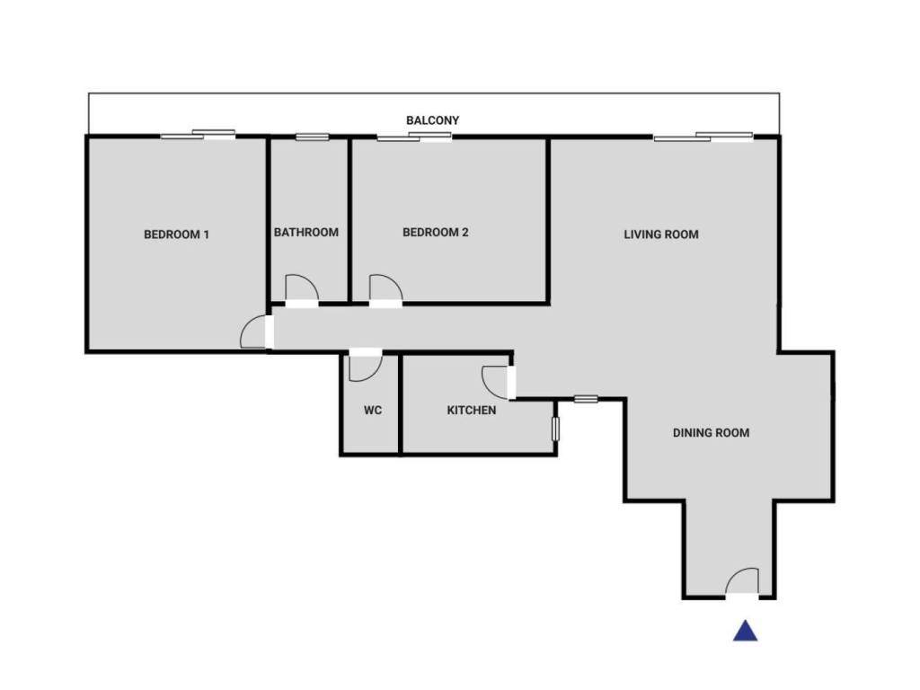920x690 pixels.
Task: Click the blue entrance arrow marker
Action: (745, 632)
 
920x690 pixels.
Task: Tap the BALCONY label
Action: (433, 120)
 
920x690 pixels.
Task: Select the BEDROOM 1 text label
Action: (177, 235)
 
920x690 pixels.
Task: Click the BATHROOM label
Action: (306, 233)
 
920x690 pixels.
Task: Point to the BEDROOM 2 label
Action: (436, 233)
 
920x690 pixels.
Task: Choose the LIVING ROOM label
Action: (661, 234)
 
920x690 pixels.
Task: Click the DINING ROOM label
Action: (711, 433)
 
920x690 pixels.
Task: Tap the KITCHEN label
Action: (472, 411)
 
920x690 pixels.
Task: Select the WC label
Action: (373, 411)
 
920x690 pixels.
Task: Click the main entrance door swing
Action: (743, 582)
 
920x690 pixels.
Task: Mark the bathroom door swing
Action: (301, 289)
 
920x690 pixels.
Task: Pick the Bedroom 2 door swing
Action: (385, 289)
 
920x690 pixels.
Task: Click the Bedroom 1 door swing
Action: (254, 332)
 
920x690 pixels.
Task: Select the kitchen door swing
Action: (495, 382)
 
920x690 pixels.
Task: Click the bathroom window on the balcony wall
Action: (312, 137)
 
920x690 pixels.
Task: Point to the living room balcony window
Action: (703, 137)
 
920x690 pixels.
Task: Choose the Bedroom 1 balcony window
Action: (199, 136)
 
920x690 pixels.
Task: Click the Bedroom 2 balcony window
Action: (414, 137)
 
